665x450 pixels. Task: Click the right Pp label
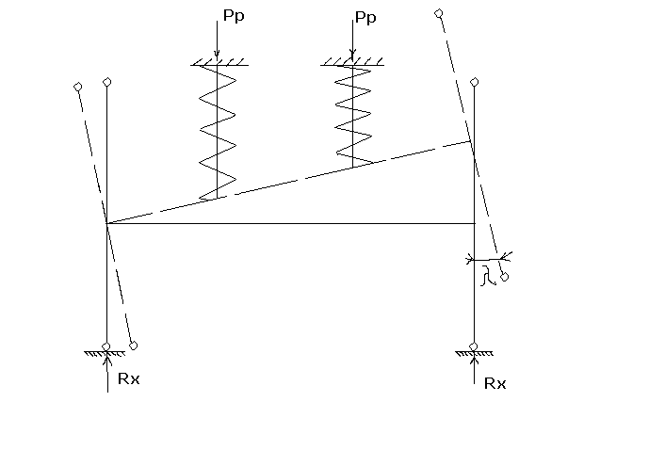tap(368, 17)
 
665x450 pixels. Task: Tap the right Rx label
tap(495, 383)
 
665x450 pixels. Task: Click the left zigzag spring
tap(217, 132)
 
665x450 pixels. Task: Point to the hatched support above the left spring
tap(219, 63)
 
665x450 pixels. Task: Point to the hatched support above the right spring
tap(352, 63)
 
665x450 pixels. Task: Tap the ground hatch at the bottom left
tap(105, 353)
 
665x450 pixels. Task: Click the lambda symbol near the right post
tap(486, 276)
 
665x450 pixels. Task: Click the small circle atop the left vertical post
tap(107, 83)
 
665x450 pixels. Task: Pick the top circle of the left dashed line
tap(77, 88)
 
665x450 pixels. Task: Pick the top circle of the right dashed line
tap(438, 13)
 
